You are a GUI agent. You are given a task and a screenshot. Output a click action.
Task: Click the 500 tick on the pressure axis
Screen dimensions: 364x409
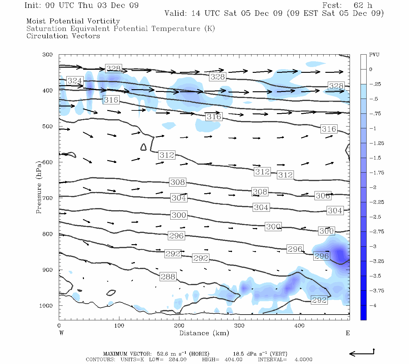48,126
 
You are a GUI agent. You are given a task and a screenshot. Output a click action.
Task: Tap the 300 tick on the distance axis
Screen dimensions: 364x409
239,326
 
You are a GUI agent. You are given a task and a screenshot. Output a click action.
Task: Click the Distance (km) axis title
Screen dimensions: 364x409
204,333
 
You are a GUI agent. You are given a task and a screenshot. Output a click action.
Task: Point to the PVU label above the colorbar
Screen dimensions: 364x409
374,55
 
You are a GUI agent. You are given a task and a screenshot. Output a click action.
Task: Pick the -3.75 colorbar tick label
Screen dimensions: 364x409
376,291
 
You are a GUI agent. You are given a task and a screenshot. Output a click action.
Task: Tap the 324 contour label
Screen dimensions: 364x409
75,81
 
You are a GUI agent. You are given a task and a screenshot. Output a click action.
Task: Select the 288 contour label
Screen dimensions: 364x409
168,277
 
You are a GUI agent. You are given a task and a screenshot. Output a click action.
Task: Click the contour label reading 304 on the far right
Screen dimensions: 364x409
335,211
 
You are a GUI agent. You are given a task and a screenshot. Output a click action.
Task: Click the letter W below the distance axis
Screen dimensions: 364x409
62,333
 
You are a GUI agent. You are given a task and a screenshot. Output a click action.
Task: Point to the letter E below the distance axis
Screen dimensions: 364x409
348,333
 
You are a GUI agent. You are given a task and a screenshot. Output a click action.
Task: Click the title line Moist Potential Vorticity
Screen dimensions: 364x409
73,21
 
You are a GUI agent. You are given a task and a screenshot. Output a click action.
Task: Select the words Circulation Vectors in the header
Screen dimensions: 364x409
63,36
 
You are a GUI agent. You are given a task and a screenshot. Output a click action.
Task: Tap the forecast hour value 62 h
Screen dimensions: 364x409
363,5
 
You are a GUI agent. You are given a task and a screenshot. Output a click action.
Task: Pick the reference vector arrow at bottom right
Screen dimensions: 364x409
362,353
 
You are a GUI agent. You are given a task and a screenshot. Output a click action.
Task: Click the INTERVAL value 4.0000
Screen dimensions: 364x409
303,359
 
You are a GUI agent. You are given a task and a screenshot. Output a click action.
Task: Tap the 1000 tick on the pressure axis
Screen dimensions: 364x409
46,306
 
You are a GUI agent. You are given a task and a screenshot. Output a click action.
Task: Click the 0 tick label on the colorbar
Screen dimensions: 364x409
371,69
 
